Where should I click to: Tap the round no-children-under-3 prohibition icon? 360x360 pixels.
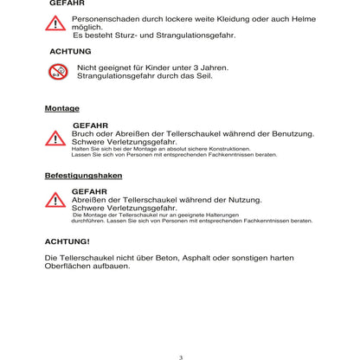(58, 72)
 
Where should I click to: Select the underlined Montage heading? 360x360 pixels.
(61, 108)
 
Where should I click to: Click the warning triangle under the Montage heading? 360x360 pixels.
(56, 137)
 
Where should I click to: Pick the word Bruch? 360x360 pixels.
(84, 133)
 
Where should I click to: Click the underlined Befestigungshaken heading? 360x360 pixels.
(83, 175)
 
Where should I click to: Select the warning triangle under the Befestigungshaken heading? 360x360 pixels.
(56, 201)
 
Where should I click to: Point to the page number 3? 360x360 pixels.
(180, 357)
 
